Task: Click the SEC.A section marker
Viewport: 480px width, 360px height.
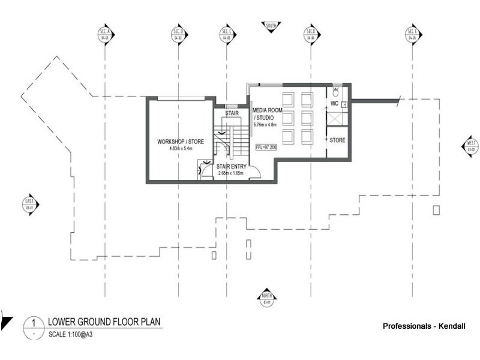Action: (x=105, y=34)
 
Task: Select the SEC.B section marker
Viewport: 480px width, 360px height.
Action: (x=178, y=34)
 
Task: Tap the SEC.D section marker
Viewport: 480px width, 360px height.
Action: (x=311, y=34)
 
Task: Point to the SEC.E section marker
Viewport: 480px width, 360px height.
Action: (x=412, y=34)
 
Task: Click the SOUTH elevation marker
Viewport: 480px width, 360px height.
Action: (x=270, y=26)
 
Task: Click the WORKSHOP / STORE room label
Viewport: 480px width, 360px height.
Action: (x=181, y=142)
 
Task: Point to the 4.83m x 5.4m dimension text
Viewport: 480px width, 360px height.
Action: (x=181, y=148)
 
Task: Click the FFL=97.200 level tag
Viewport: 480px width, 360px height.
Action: (x=265, y=146)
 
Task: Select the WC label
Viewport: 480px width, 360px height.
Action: (x=335, y=104)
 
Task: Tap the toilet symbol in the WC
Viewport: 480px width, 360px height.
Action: (x=337, y=93)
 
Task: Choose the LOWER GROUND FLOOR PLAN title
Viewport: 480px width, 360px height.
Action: (x=104, y=322)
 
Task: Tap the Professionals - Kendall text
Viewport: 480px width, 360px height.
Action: (x=424, y=326)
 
